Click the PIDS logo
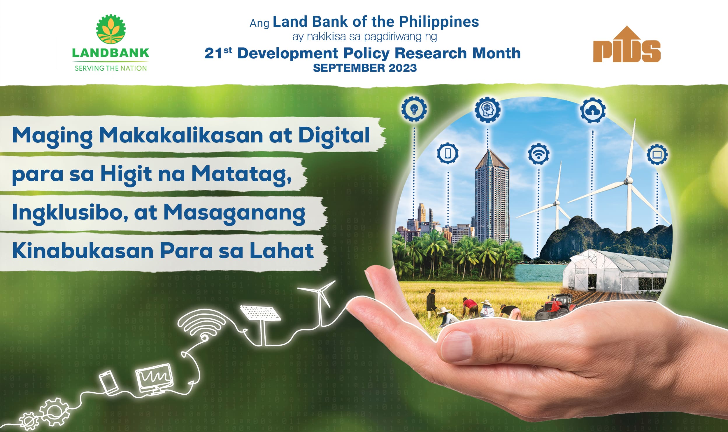627,44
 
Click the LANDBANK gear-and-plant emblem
111,29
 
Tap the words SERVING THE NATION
111,68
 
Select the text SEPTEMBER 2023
365,68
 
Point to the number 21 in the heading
214,53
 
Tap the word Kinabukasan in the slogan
83,251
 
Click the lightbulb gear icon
414,109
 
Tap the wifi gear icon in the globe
538,154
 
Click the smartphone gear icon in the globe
448,153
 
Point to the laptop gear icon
657,154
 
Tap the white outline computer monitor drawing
155,379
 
